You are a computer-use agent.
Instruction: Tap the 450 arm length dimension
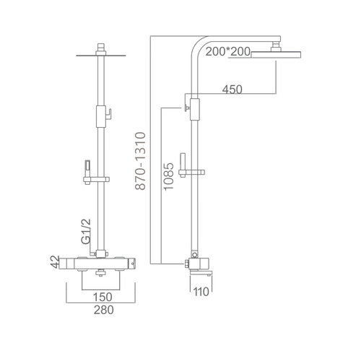[x=231, y=90]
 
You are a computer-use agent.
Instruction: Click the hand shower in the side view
[x=182, y=161]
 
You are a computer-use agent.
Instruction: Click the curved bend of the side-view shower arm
[x=199, y=45]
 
